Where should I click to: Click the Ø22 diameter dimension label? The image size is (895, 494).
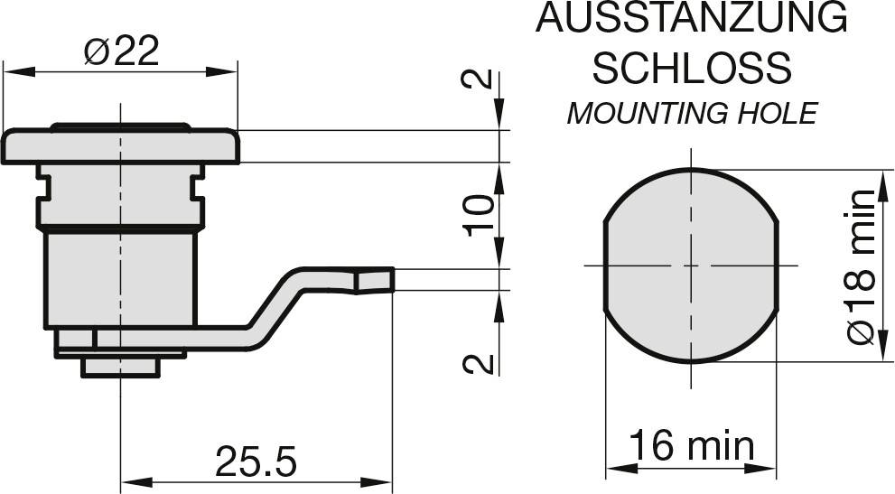point(121,51)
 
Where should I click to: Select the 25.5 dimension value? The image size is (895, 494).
point(256,461)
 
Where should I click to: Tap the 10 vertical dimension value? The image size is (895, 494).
point(480,215)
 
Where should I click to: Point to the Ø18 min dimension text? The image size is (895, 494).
point(862,266)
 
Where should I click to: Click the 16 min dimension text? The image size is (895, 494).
point(691,445)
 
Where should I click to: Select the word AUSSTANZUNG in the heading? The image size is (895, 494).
point(691,18)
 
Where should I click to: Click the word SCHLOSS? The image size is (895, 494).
point(692,68)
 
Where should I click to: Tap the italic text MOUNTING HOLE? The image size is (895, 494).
point(692,113)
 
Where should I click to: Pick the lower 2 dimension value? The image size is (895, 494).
point(479,364)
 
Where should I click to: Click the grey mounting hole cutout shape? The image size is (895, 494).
point(691,266)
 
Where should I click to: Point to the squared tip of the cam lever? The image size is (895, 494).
point(375,280)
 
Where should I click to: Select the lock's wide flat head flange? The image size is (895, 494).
point(120,146)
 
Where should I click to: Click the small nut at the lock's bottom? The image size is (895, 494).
point(120,368)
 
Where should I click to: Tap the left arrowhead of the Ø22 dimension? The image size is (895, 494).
point(19,72)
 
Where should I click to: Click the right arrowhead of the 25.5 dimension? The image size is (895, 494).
point(376,482)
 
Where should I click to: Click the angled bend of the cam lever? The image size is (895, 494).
point(274,305)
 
